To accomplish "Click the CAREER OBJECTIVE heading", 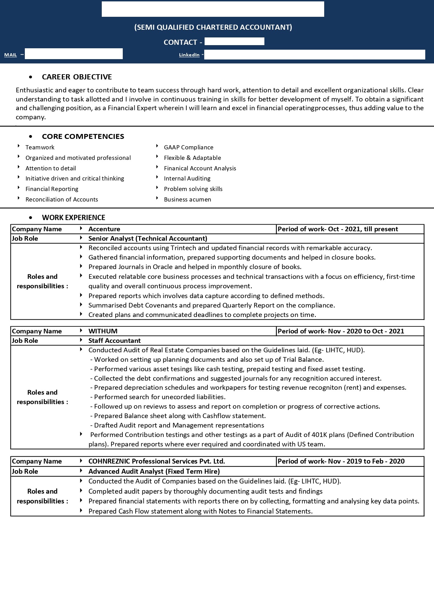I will click(77, 77).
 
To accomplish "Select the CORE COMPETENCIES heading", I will click(83, 136).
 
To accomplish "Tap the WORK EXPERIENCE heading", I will click(73, 218).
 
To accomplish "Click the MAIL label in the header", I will click(10, 55).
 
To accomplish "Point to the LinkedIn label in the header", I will click(189, 55).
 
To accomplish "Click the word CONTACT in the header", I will click(180, 42).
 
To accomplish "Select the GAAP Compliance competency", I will click(188, 147).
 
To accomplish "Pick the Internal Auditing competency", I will click(187, 178).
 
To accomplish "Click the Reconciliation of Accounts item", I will click(62, 199).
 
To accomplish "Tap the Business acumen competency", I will click(187, 199).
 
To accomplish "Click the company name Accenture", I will click(104, 229).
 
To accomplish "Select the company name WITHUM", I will click(103, 331).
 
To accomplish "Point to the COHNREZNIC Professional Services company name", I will click(156, 461).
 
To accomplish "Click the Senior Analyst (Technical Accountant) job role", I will click(148, 239).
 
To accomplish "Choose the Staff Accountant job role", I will click(114, 341).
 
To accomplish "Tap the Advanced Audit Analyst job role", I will click(154, 472).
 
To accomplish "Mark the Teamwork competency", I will click(40, 147).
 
